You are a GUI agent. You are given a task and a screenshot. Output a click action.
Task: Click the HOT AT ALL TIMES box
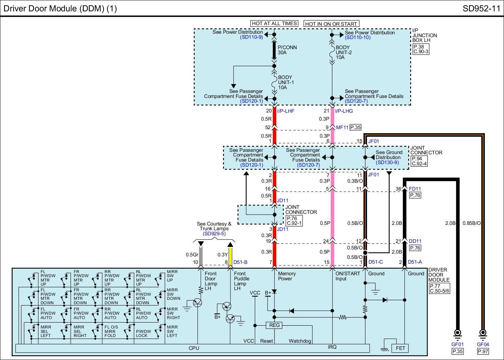(274, 23)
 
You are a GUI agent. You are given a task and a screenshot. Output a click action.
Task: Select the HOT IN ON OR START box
(331, 24)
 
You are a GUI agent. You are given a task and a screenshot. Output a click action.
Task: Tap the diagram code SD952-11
(481, 9)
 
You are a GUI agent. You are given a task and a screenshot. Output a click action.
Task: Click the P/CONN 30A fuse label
(287, 50)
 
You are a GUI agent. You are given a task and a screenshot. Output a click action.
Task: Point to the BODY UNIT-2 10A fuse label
(344, 52)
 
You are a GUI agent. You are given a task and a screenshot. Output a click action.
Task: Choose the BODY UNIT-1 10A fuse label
(286, 82)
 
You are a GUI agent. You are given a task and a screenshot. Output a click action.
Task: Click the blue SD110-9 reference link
(251, 37)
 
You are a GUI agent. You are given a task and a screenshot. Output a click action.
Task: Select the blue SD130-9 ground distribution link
(387, 163)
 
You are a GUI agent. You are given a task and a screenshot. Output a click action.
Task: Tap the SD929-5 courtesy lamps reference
(214, 234)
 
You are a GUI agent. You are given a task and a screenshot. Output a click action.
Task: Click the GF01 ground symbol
(457, 334)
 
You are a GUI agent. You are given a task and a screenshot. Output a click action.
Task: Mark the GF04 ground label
(483, 344)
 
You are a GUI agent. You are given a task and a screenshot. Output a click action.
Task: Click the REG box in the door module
(274, 325)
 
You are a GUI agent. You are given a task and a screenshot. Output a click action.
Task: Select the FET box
(400, 348)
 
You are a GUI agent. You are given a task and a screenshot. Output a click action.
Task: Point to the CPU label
(194, 348)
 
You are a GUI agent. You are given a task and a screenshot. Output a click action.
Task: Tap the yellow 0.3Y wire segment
(230, 256)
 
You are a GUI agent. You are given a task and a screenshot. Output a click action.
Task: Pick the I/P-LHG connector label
(344, 111)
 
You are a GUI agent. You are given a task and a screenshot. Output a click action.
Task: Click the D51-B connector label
(240, 262)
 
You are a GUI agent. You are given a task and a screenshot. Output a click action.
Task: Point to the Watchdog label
(300, 341)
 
